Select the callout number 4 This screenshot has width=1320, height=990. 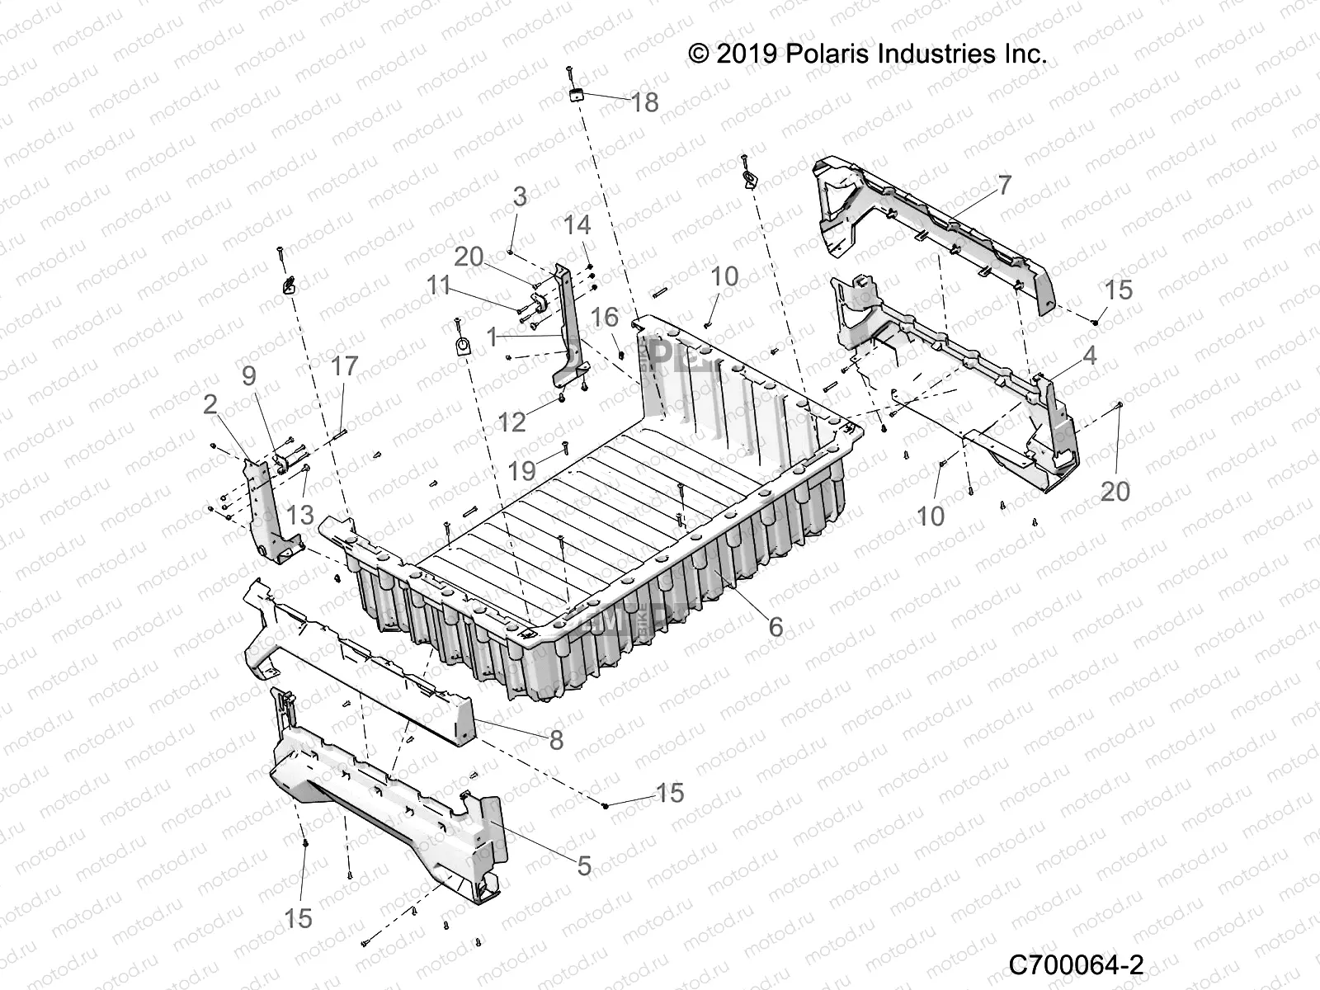click(1089, 356)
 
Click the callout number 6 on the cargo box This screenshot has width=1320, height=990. click(775, 626)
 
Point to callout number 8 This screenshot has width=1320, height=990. click(556, 740)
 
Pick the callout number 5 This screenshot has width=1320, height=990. click(583, 865)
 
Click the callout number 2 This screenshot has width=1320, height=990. click(210, 404)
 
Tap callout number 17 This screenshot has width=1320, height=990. click(345, 365)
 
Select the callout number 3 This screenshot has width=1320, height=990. click(520, 197)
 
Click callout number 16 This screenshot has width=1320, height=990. click(605, 318)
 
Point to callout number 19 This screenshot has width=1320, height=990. click(522, 471)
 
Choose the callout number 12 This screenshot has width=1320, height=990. click(512, 422)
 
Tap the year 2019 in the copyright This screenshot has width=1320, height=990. click(746, 54)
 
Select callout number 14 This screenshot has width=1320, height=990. click(577, 225)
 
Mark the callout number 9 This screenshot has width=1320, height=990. click(248, 376)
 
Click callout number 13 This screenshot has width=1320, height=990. click(300, 515)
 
